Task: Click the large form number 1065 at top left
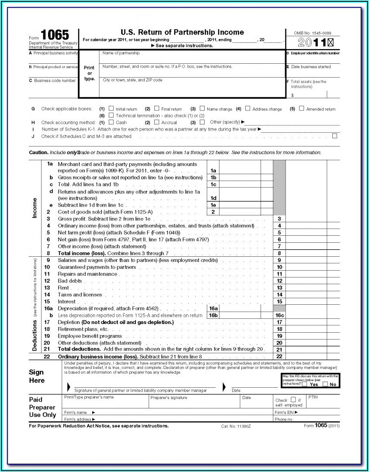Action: [55, 35]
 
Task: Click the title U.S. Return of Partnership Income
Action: [182, 32]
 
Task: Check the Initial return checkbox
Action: [111, 109]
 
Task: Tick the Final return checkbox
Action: [157, 109]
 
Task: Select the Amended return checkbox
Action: [302, 109]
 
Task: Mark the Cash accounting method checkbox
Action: [111, 122]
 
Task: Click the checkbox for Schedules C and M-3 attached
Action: [335, 136]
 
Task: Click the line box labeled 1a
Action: [213, 171]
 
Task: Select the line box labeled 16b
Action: [213, 315]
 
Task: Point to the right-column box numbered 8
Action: [279, 253]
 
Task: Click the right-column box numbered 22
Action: [279, 357]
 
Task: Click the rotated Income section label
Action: [35, 208]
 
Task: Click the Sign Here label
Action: [37, 376]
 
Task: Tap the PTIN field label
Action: [313, 397]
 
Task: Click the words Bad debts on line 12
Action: [70, 281]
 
